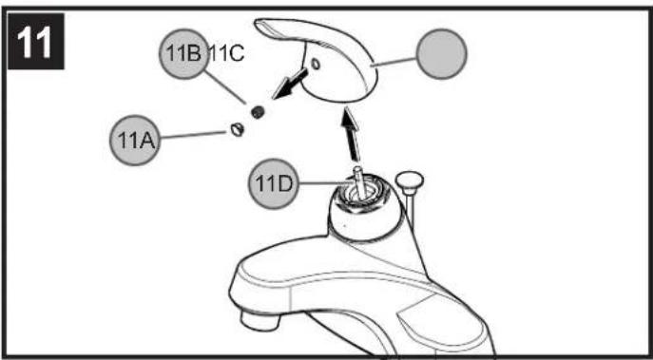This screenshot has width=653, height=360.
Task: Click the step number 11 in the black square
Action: [x=35, y=41]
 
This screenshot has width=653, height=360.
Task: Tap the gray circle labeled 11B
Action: [x=184, y=54]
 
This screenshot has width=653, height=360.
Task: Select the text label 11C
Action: [x=227, y=54]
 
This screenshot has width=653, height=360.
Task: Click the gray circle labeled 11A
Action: [x=135, y=141]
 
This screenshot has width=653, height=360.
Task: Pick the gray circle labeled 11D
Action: [x=274, y=183]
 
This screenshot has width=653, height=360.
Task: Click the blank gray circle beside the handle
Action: [x=442, y=54]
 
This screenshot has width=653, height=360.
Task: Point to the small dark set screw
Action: [x=259, y=111]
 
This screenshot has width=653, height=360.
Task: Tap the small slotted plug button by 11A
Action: [x=237, y=129]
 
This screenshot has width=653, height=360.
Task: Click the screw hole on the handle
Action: [x=316, y=64]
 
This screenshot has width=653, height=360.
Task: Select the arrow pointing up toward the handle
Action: [x=352, y=134]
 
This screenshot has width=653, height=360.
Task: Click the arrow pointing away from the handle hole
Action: [x=290, y=84]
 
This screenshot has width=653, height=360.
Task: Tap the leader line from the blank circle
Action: [x=394, y=61]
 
